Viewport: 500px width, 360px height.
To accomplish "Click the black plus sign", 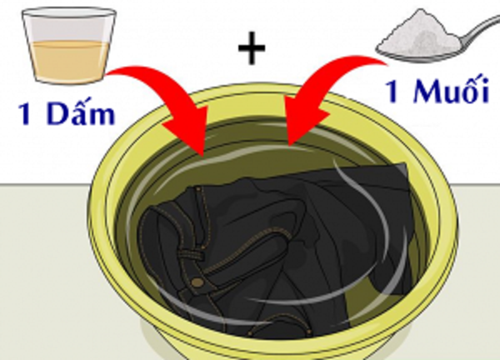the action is (x=252, y=48).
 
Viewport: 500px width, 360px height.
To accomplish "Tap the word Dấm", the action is (x=81, y=112).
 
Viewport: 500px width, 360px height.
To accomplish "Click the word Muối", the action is (x=451, y=89).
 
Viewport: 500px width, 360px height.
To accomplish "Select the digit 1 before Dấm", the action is (x=27, y=114).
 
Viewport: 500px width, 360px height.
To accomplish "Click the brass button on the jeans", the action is (x=197, y=283).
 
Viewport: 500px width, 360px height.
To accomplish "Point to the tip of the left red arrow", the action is (x=203, y=156).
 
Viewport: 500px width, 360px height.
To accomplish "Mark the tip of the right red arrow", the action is (x=289, y=145).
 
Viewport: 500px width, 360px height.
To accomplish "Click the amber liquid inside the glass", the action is (x=69, y=61).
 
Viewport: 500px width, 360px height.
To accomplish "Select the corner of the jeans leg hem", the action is (x=405, y=164).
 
